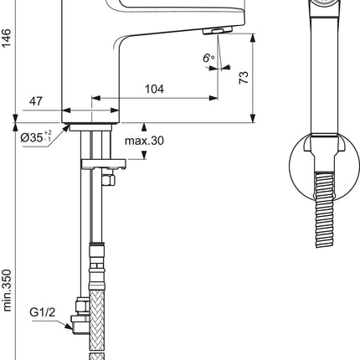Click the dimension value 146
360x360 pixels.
[6, 38]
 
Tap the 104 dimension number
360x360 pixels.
[154, 89]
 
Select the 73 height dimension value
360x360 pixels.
[244, 78]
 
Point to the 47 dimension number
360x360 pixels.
[36, 101]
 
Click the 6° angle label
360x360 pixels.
[208, 58]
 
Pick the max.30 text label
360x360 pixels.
[144, 141]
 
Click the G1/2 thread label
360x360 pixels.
[43, 312]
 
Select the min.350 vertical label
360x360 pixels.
[7, 291]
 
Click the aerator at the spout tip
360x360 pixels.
[218, 30]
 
